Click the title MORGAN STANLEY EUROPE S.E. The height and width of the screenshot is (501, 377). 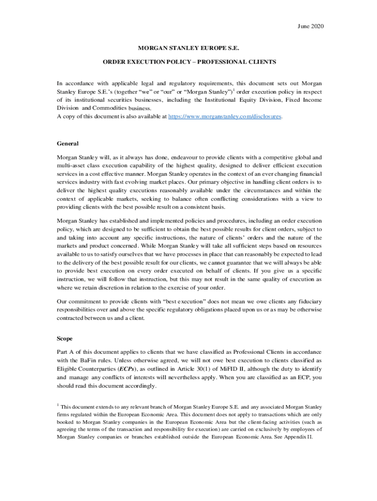point(188,49)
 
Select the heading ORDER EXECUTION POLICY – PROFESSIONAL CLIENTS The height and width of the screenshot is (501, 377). point(189,62)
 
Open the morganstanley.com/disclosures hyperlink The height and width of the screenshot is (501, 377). point(225,117)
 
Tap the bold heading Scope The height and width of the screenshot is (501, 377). point(65,338)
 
